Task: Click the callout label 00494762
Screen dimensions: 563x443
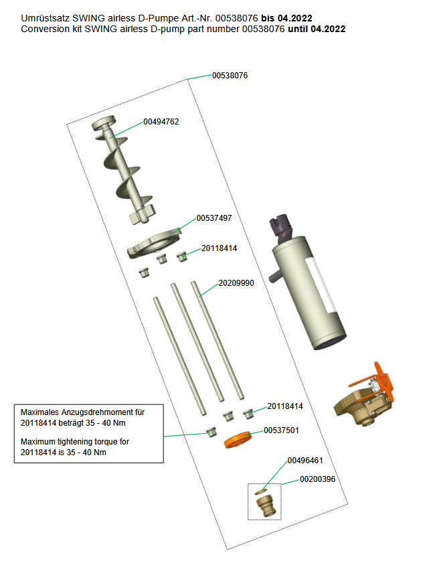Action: (x=161, y=122)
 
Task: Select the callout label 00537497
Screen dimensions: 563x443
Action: (x=214, y=218)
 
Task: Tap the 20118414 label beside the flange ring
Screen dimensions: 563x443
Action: (x=219, y=248)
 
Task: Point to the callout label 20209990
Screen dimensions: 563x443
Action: (x=236, y=283)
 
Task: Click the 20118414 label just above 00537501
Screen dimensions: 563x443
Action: (x=285, y=406)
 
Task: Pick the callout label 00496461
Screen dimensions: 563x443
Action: (x=305, y=461)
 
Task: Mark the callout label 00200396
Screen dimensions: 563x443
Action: (x=317, y=479)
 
